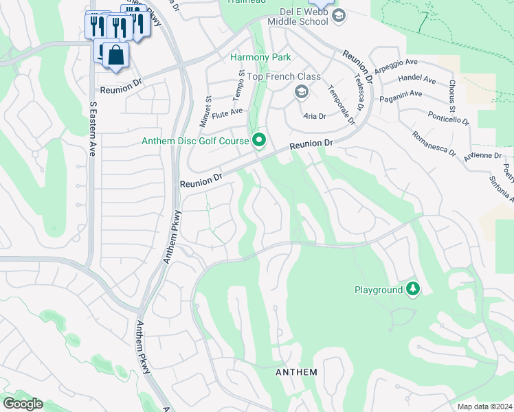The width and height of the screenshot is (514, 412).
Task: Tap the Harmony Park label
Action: [x=260, y=58]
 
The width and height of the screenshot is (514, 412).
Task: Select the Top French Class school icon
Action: [x=301, y=91]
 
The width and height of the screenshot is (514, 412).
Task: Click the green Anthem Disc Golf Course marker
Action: [x=259, y=141]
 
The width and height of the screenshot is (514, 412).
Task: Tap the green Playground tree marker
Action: [x=413, y=290]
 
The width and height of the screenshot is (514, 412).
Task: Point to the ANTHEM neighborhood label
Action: [x=296, y=372]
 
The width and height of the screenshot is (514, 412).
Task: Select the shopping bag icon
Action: [x=116, y=54]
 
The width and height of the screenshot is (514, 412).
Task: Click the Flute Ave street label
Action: [x=227, y=112]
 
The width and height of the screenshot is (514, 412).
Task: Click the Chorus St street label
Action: [x=451, y=97]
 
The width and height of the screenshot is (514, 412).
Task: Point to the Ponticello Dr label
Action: [x=448, y=117]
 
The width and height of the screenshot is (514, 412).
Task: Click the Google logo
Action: [x=23, y=404]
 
